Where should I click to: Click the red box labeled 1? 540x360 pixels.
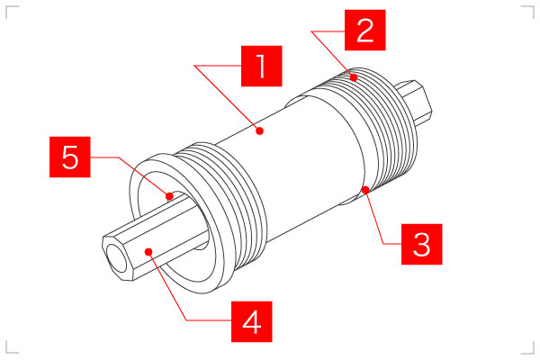(x=261, y=66)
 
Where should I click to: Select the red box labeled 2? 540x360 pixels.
(x=365, y=30)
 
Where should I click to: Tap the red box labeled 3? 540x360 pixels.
(x=421, y=244)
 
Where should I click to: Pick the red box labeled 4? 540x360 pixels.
(x=251, y=321)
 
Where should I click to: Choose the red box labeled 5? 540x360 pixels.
(x=70, y=157)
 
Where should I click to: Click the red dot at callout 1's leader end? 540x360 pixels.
(x=260, y=130)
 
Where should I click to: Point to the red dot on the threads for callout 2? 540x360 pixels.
(x=354, y=77)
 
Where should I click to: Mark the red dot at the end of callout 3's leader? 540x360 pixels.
(x=365, y=190)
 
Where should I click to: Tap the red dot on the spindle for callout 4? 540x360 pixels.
(x=148, y=252)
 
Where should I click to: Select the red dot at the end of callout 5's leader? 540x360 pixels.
(x=169, y=196)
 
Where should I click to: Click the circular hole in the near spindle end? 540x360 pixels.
(x=116, y=258)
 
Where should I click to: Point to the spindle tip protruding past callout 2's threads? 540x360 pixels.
(x=414, y=103)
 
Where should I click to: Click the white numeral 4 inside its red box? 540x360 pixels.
(x=251, y=322)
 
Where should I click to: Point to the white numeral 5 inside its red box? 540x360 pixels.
(x=70, y=157)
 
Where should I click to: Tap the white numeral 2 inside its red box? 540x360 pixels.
(x=365, y=30)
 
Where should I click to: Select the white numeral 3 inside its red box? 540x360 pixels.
(x=421, y=244)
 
